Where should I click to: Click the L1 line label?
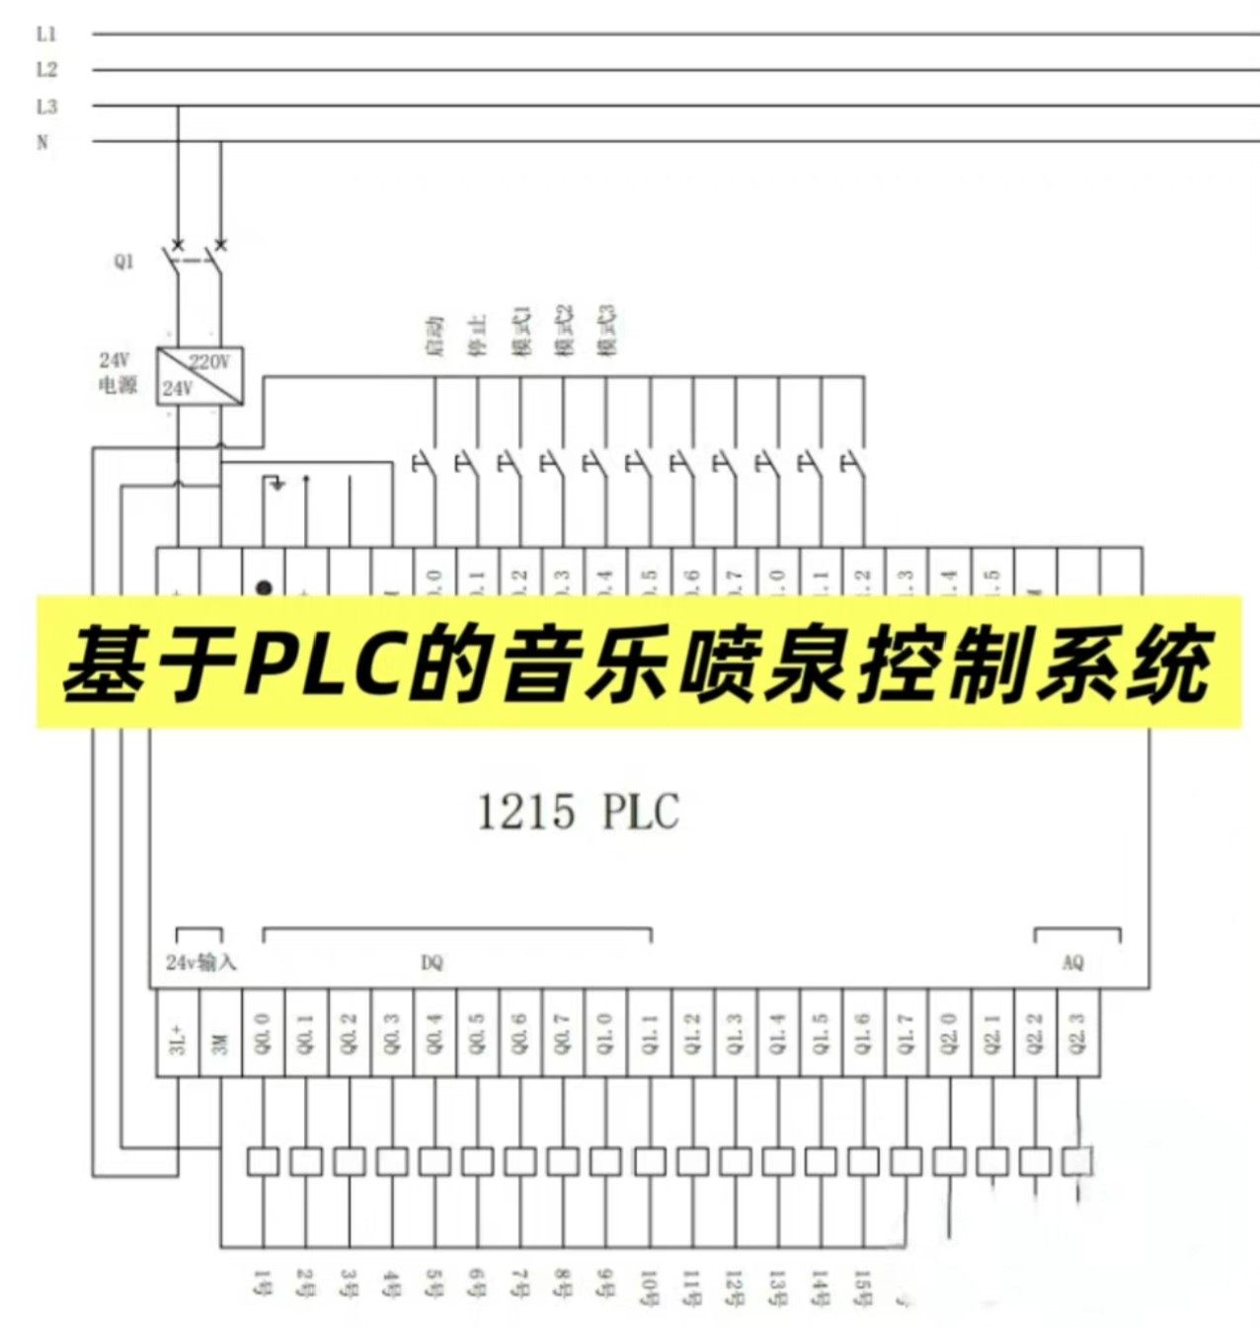point(46,35)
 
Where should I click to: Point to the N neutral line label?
point(42,142)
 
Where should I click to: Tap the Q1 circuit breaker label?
point(123,262)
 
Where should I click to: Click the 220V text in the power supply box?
point(209,361)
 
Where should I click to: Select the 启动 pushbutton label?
point(435,337)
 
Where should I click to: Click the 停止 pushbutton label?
point(478,337)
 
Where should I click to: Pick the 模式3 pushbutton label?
point(607,330)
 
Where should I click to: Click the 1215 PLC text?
point(579,812)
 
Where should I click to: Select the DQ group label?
point(432,963)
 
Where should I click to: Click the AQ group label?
point(1072,963)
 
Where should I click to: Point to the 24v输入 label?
point(200,963)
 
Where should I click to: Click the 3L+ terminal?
point(178,1034)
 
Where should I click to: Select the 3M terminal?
point(220,1034)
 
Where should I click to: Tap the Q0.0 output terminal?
point(263,1034)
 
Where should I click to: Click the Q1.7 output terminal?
point(906,1034)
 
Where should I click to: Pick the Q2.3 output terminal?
point(1077,1034)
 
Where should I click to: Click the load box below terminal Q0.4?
point(434,1161)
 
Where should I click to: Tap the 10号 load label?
point(649,1287)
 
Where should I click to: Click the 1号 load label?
point(262,1284)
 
